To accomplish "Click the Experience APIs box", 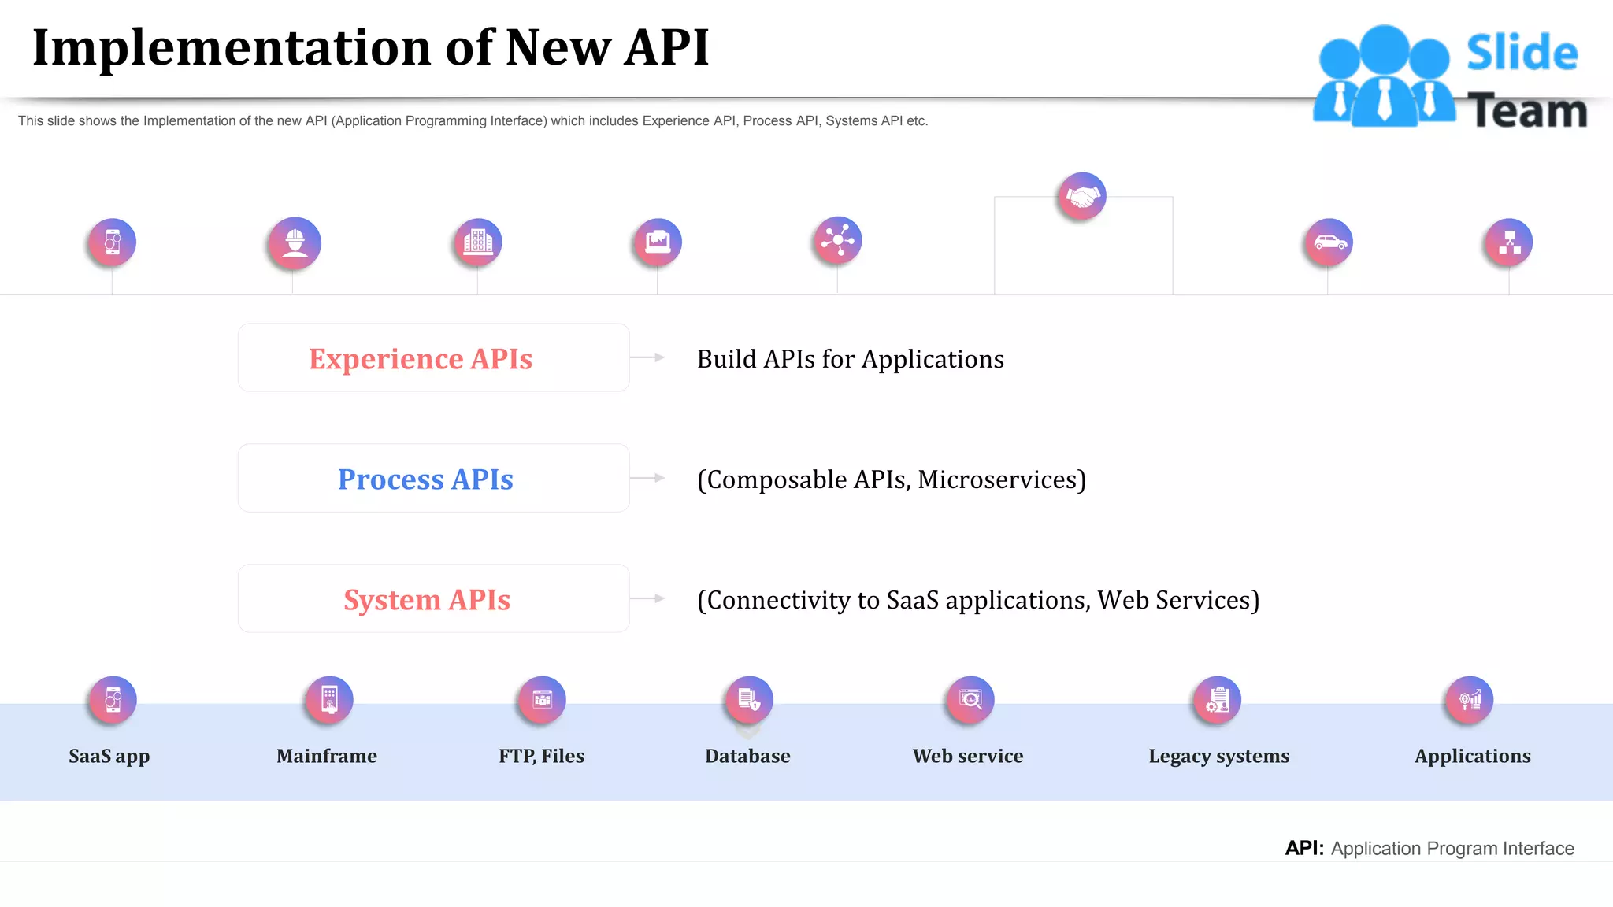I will coord(433,358).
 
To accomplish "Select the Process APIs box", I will coord(433,479).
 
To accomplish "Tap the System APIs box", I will coord(433,599).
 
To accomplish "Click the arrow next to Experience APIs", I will coord(648,357).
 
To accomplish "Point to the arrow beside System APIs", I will coord(648,598).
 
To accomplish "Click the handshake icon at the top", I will coord(1082,196).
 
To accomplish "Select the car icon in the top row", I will coord(1329,242).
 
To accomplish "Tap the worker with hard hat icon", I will coord(295,242).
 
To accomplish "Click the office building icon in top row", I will coord(478,242).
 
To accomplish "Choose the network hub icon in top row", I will coord(838,240).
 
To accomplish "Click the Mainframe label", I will coord(327,756).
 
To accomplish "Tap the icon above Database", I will coord(749,699).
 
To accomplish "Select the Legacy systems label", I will coord(1219,756).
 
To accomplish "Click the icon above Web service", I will coord(970,699).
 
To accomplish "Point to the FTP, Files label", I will coord(542,756).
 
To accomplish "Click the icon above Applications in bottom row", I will coord(1470,699).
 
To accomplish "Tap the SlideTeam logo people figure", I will coord(1384,76).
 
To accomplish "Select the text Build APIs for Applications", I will coord(851,359).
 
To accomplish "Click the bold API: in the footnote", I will coord(1304,848).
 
